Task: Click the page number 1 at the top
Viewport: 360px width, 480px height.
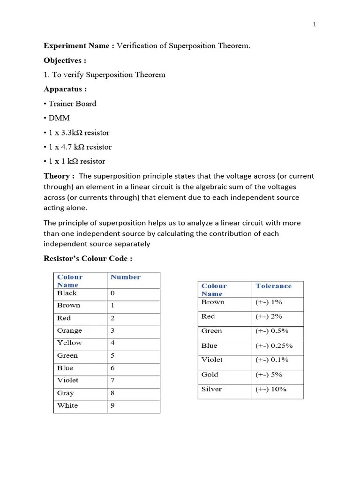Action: [315, 25]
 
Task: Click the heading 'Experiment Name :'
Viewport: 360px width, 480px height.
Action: [79, 46]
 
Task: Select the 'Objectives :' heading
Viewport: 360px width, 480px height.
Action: [65, 60]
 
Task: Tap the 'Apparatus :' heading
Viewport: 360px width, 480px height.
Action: [65, 89]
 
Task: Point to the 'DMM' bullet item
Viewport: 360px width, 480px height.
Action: [59, 118]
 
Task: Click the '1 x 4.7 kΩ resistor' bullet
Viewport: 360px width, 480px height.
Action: [80, 147]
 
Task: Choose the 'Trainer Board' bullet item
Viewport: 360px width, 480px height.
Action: [72, 104]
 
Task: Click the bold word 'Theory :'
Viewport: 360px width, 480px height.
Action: [59, 176]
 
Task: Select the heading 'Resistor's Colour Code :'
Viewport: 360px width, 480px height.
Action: [88, 259]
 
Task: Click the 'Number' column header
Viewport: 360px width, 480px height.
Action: [125, 277]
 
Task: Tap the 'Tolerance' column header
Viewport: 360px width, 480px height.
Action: [273, 286]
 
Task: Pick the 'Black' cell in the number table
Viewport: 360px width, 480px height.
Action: [67, 293]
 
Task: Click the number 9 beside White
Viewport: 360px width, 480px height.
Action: [112, 405]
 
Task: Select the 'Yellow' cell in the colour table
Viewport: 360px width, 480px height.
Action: [69, 343]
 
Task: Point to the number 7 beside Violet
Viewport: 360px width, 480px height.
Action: [112, 380]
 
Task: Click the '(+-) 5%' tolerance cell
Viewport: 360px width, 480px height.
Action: [269, 375]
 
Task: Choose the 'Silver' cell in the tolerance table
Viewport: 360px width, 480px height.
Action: [211, 389]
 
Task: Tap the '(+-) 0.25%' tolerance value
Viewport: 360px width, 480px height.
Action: [274, 345]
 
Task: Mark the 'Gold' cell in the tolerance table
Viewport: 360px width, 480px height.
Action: [210, 375]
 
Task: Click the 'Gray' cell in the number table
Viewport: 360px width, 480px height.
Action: [66, 393]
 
